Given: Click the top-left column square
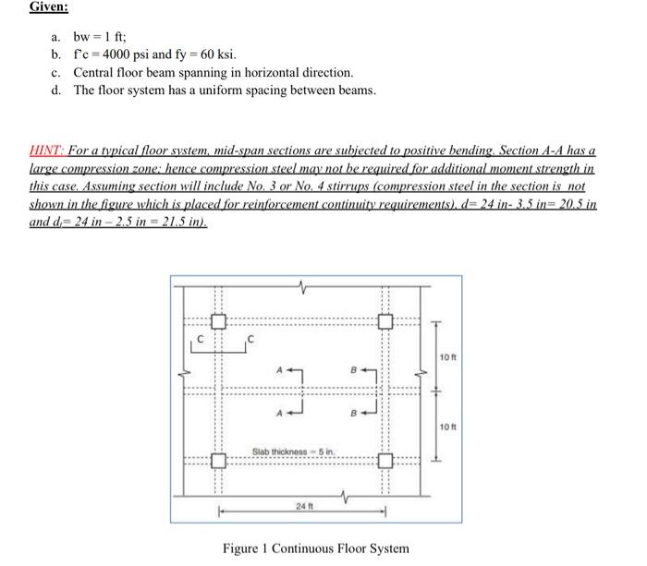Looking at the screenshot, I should coord(217,322).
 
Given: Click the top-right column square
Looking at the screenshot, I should coord(385,322).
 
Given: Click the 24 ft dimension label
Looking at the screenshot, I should coord(302,507).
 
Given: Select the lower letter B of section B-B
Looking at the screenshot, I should coord(353,413).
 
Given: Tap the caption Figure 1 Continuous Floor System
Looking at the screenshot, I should coord(315,548).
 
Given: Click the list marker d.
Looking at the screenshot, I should coord(57,90).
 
